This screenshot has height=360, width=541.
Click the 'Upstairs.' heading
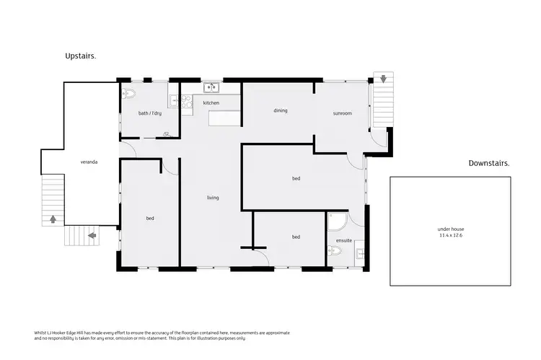81,56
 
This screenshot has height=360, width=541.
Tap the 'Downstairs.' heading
488,163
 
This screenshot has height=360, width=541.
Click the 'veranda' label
89,162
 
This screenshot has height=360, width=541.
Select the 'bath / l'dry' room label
149,113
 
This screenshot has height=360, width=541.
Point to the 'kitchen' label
211,103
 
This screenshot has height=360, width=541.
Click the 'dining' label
281,111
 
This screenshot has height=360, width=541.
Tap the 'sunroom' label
342,113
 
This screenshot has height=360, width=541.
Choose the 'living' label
213,198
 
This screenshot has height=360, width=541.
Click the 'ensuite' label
344,240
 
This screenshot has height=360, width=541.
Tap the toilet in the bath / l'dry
128,94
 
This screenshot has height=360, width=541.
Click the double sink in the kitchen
211,88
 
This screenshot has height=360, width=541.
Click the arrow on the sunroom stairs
383,78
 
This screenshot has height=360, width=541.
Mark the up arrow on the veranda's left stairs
52,219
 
